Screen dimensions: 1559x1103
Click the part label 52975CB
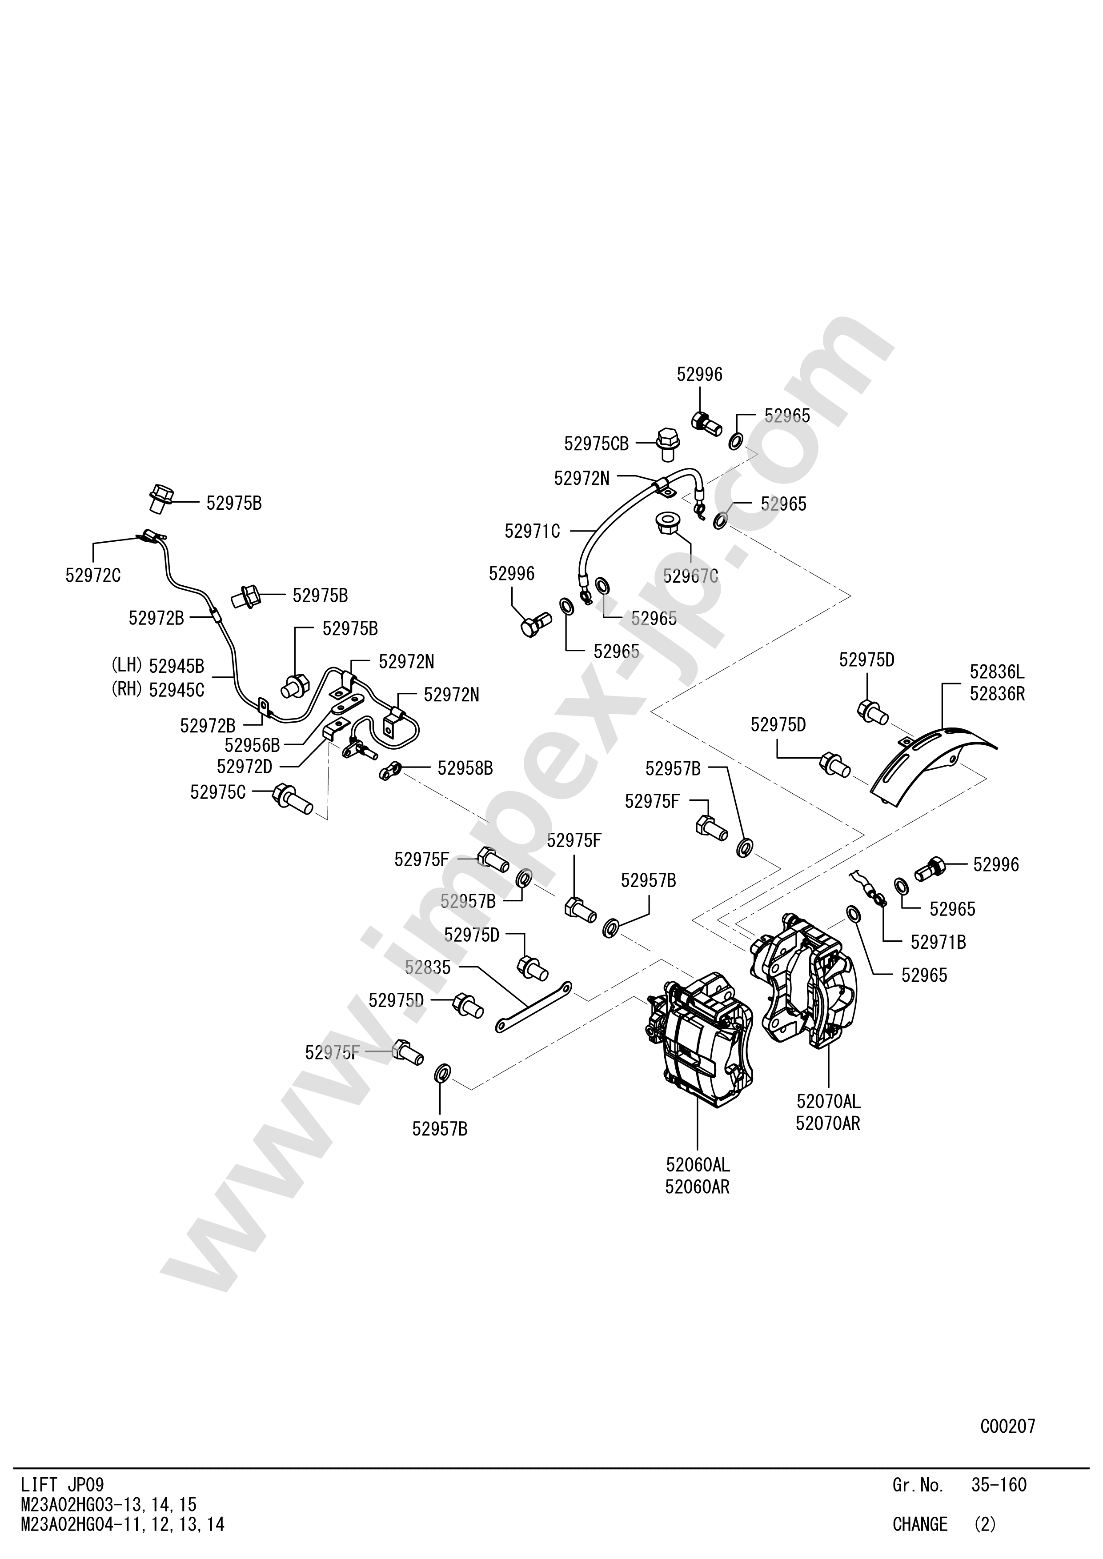click(x=596, y=444)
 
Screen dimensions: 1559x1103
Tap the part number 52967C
click(x=690, y=576)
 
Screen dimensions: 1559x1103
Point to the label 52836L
click(x=996, y=672)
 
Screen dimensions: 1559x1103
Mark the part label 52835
click(x=427, y=967)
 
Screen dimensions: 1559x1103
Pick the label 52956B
click(x=252, y=745)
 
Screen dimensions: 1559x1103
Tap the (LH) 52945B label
click(x=157, y=666)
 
